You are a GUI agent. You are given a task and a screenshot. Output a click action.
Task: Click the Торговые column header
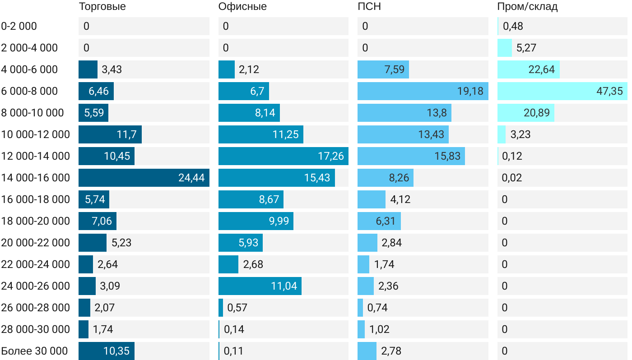point(102,7)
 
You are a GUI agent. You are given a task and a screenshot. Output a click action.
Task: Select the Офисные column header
point(242,7)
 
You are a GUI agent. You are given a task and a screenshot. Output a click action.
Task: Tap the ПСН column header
point(366,7)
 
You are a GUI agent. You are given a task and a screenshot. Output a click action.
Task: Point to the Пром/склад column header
point(527,7)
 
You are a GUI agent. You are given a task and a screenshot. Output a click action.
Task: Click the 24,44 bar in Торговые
point(144,178)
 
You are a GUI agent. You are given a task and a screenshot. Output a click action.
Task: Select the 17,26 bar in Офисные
point(283,156)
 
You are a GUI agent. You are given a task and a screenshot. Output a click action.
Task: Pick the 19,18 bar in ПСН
point(423,91)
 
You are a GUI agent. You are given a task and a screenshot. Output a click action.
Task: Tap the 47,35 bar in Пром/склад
point(562,91)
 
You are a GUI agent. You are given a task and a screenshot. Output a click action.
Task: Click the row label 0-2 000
point(19,26)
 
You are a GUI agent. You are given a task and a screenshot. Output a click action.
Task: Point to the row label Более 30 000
point(34,351)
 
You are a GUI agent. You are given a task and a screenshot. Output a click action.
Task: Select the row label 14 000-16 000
point(36,178)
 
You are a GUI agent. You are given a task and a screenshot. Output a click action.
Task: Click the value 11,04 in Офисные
point(284,286)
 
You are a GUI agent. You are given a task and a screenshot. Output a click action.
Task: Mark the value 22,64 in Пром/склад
point(542,69)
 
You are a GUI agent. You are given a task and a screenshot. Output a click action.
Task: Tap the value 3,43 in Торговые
point(112,69)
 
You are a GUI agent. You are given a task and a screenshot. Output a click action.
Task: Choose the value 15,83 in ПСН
point(447,156)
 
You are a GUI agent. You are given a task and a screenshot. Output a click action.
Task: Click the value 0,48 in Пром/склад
point(513,26)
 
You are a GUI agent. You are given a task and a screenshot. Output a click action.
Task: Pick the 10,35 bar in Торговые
point(107,351)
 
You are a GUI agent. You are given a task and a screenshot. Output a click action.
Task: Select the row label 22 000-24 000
point(36,264)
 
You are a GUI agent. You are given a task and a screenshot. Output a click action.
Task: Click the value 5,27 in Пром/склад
point(526,48)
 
